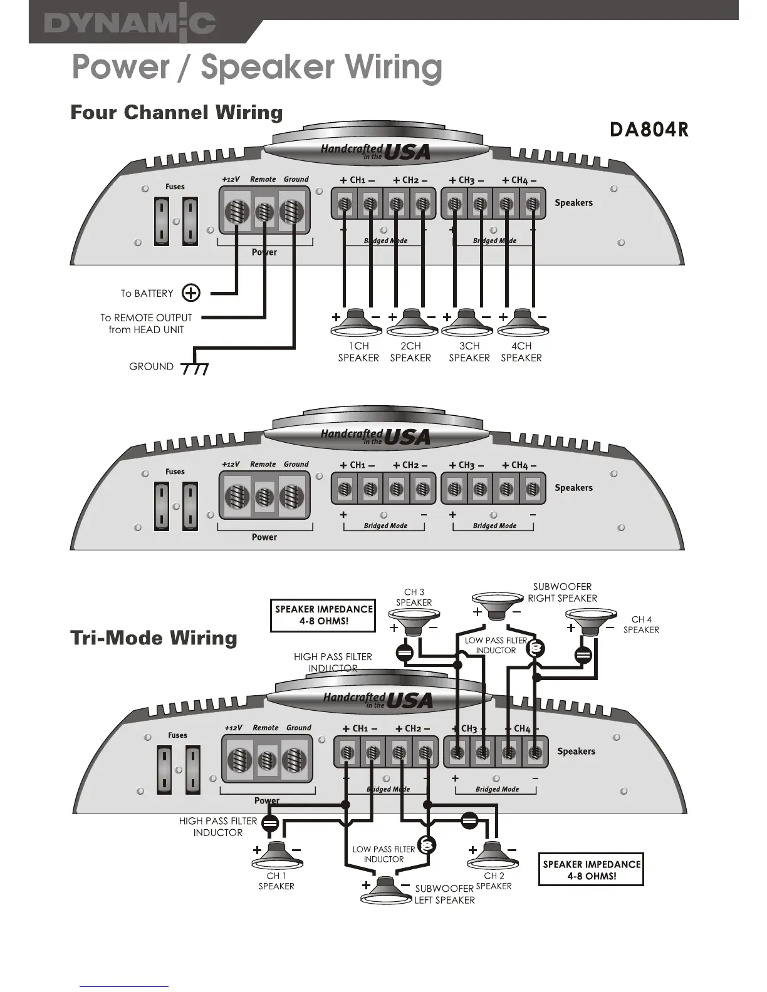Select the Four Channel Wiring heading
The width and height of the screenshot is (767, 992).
click(x=177, y=113)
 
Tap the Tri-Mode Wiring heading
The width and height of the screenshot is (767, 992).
click(x=154, y=638)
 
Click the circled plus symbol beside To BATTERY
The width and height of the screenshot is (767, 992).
click(x=191, y=292)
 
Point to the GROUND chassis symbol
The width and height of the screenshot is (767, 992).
click(x=194, y=369)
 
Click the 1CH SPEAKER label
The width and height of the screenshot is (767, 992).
click(x=358, y=352)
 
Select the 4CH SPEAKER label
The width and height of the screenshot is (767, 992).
click(x=521, y=352)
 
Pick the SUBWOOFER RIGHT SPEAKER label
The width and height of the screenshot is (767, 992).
click(x=562, y=592)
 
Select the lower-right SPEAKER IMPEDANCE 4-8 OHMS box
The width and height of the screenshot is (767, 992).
click(x=592, y=870)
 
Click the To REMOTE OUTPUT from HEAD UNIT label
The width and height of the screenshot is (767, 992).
click(x=146, y=324)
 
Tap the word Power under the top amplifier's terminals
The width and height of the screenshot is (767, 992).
click(x=264, y=252)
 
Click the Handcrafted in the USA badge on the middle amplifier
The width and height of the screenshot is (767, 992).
click(x=376, y=437)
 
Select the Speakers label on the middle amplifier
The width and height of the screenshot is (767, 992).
click(x=573, y=488)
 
